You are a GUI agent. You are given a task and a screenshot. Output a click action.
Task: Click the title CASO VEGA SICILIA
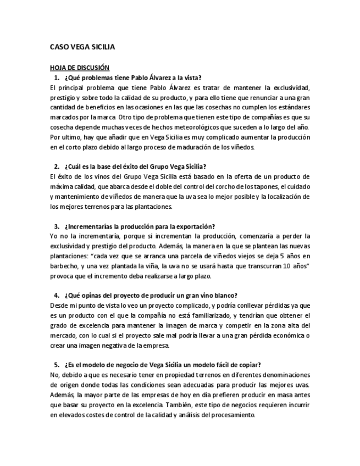[82, 47]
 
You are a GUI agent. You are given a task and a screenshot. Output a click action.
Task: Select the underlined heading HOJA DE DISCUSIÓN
[80, 68]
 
